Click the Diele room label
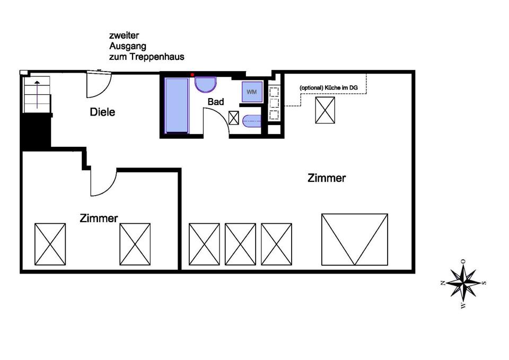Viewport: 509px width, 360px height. [102, 112]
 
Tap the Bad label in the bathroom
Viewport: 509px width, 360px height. [216, 102]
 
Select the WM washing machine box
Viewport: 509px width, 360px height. [252, 92]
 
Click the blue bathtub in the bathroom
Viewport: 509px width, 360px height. [177, 105]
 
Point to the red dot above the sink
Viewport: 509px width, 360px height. [192, 75]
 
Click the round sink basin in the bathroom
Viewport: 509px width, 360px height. [206, 84]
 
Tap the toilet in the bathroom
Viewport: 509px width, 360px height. [252, 120]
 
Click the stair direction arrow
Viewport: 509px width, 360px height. [37, 94]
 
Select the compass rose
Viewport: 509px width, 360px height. [464, 283]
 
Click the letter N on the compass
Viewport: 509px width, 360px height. [443, 283]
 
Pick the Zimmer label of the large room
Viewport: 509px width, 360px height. [327, 178]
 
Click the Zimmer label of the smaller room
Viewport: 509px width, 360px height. [99, 218]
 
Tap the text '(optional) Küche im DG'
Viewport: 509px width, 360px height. [329, 87]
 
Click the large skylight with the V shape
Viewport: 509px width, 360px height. [355, 239]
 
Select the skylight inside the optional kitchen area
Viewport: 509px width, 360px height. [325, 110]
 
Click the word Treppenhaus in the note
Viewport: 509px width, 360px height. [157, 57]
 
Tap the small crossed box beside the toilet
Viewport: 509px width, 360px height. [234, 118]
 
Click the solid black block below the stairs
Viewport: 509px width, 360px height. [36, 132]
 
